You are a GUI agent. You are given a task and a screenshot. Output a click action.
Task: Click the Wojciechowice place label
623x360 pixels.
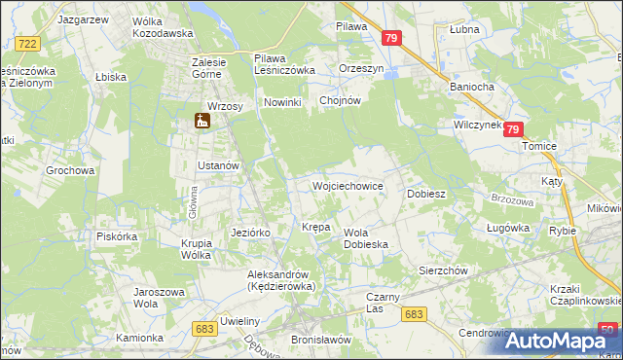point(347,186)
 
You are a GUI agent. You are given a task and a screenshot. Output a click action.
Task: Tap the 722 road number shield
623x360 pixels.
point(28,44)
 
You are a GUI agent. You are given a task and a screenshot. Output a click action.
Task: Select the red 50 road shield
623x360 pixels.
point(607,329)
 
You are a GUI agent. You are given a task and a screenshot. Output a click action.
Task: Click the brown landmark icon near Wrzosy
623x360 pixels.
point(203,122)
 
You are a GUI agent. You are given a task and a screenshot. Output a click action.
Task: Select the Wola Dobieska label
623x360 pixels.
point(366,238)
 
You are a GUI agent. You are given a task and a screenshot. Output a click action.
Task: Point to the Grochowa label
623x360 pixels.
point(70,170)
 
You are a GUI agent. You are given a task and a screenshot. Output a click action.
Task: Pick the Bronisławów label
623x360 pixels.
point(320,340)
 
